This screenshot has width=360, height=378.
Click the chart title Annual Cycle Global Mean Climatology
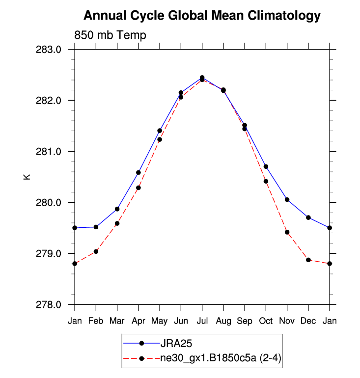[202, 16]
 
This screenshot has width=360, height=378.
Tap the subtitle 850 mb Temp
[110, 35]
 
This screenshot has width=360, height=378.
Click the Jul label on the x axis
[202, 321]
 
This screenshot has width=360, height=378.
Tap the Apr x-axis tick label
[138, 321]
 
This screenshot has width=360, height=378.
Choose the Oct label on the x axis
[266, 321]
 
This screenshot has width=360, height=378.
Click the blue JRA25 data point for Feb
[96, 227]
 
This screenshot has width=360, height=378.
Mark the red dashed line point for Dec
[308, 260]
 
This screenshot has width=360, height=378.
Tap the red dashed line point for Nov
[287, 232]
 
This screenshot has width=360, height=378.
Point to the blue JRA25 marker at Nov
[287, 199]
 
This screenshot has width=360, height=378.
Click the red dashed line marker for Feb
[96, 251]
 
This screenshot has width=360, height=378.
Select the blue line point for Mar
[117, 209]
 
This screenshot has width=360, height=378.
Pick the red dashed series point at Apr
[138, 188]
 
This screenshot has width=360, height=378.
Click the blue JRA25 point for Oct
[266, 166]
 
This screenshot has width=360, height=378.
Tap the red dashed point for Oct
[266, 181]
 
